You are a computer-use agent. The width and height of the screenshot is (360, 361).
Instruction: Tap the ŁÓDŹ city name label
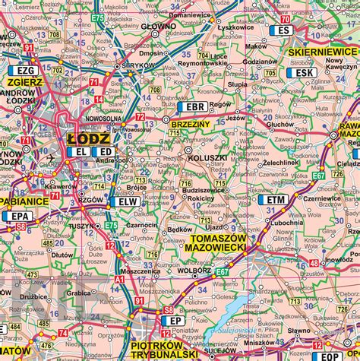(88, 139)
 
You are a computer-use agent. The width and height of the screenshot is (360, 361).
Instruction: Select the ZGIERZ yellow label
(25, 79)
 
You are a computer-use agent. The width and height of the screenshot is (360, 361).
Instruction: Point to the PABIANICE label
(23, 201)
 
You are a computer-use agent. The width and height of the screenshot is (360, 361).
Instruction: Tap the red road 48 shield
(314, 264)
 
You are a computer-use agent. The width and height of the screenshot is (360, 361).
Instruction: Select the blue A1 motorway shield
(118, 279)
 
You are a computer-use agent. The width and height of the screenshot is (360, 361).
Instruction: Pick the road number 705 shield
(270, 73)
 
